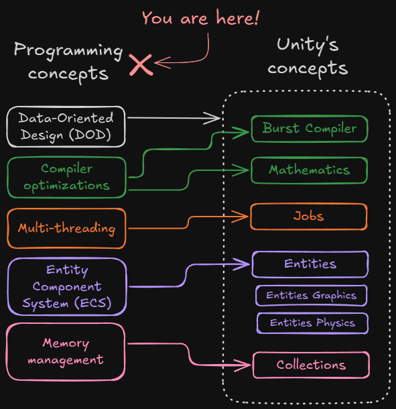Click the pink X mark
point(141,64)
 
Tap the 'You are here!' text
point(200,18)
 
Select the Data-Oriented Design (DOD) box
point(66,127)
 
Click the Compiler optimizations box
point(66,177)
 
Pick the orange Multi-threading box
point(66,228)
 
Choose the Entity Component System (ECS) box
point(66,287)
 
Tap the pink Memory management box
point(66,352)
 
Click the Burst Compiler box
point(310,129)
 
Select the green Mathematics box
point(310,170)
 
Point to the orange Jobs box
point(309,217)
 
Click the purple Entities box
point(310,264)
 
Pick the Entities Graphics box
point(312,296)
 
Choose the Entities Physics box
point(312,323)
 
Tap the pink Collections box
point(311,365)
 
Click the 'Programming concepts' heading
point(68,61)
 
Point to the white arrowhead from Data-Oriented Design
point(216,118)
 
